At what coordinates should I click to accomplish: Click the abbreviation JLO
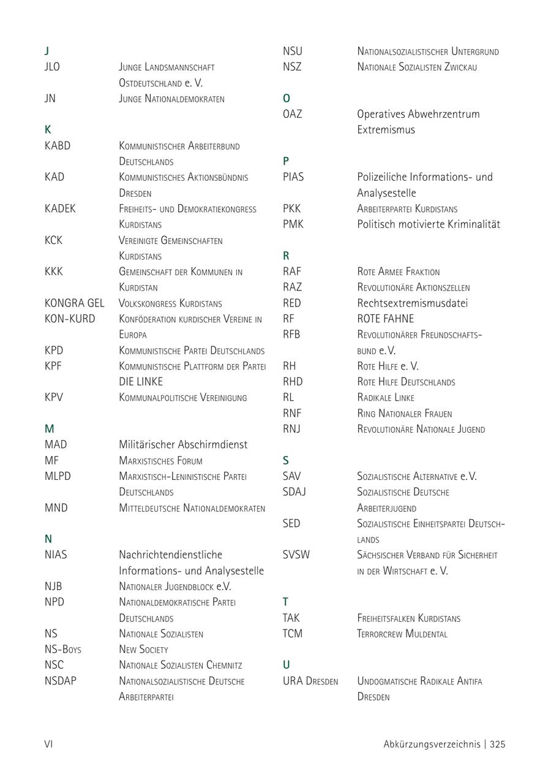53,67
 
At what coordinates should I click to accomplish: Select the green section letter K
48,130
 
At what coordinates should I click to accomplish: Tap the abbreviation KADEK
60,208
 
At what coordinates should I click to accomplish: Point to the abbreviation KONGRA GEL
74,303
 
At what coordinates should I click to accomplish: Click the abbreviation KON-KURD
70,319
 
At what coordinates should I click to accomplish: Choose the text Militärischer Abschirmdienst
183,444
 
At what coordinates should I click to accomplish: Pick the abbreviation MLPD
58,476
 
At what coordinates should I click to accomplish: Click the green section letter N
48,539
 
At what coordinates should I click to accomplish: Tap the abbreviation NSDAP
61,680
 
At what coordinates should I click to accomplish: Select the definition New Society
143,649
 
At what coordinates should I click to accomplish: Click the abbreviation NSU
293,51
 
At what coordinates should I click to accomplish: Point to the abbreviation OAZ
293,114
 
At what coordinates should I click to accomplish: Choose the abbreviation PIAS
293,177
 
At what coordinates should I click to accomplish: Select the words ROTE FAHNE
386,319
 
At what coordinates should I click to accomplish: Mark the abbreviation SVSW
296,555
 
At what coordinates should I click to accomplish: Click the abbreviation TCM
293,633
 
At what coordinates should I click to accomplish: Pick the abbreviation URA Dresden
310,681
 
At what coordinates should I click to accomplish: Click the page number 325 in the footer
497,745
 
